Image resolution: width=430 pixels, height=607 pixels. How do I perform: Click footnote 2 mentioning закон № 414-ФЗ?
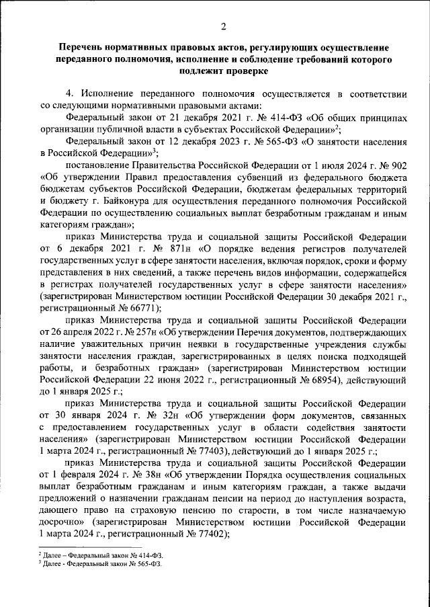coord(101,557)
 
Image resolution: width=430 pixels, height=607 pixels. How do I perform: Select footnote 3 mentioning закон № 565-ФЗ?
coord(101,565)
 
